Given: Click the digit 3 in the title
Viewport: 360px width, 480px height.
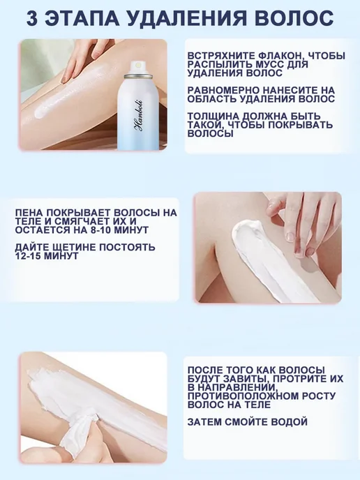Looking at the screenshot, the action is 33,18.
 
